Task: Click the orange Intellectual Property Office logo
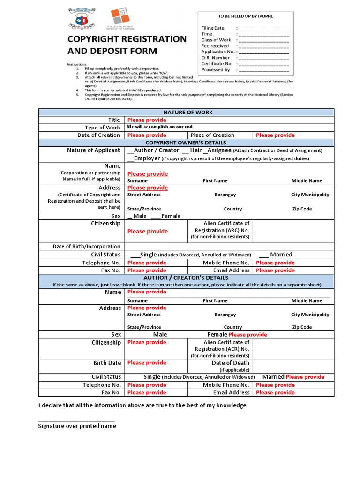pos(120,17)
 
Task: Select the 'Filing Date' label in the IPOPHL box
pos(213,28)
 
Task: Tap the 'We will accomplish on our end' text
pos(160,127)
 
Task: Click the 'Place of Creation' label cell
pos(212,135)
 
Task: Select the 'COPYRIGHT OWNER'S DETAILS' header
pos(186,142)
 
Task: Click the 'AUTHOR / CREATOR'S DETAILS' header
pos(186,277)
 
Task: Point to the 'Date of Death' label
pos(230,363)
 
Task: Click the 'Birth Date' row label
pos(107,363)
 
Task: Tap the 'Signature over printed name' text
pos(77,426)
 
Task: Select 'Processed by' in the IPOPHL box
pos(216,70)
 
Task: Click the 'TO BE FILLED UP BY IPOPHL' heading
pos(245,16)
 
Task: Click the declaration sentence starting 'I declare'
pos(142,405)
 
